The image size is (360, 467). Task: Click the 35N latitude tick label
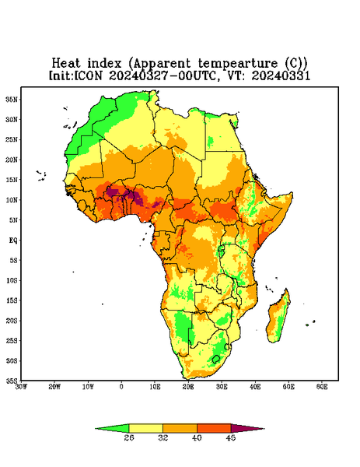click(12, 99)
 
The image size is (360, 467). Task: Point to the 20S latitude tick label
click(12, 321)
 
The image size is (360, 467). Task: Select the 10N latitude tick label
click(12, 200)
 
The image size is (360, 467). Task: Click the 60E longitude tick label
click(322, 387)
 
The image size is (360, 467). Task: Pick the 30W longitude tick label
click(21, 387)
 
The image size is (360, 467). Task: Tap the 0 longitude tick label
click(121, 387)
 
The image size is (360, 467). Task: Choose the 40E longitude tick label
click(255, 387)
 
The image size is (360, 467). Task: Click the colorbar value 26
click(129, 437)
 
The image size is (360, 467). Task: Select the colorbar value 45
click(231, 437)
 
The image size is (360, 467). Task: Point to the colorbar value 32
click(163, 437)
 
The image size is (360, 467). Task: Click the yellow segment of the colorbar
click(145, 428)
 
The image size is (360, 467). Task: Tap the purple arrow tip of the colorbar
click(264, 429)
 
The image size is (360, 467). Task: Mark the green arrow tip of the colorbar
click(96, 429)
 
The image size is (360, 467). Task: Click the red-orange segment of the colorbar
click(214, 428)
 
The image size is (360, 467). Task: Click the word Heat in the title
click(66, 64)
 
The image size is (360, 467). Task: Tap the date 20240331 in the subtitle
click(281, 75)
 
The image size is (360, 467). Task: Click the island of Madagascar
click(278, 318)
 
